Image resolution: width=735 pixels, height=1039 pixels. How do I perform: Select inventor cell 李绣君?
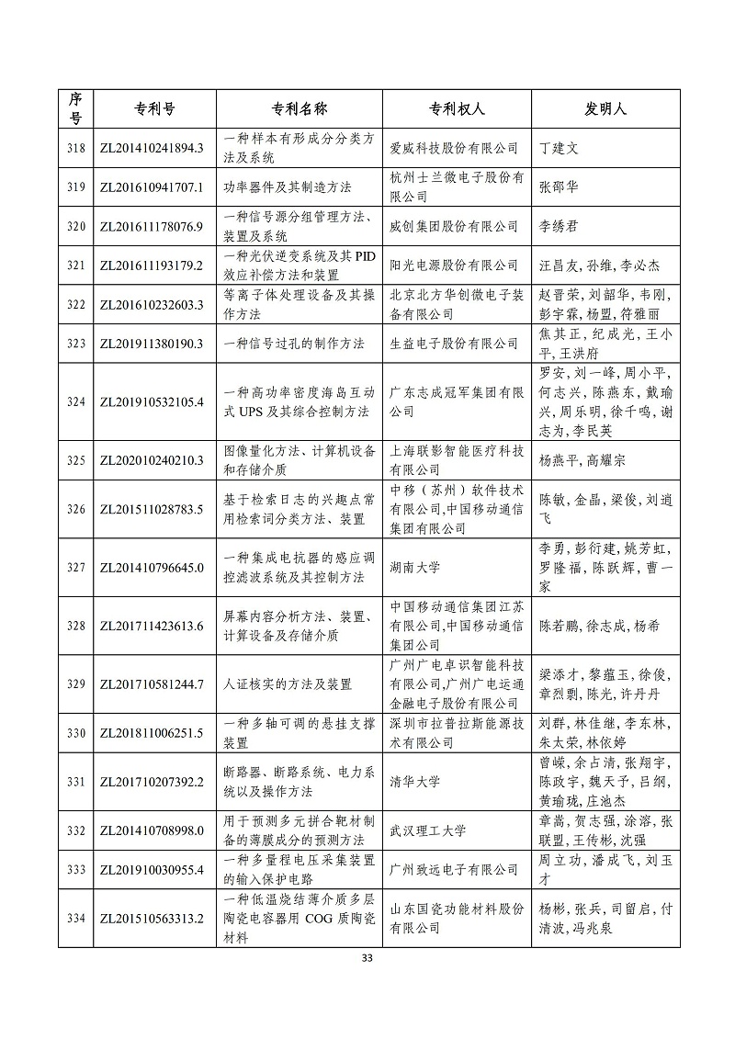563,226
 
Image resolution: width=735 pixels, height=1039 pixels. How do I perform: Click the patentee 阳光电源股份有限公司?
454,265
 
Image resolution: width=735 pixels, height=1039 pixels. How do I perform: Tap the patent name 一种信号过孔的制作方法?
288,344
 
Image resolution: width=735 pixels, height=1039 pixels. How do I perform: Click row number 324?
77,401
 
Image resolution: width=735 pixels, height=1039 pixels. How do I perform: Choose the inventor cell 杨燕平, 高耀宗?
582,460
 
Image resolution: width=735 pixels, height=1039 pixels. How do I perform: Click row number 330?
77,733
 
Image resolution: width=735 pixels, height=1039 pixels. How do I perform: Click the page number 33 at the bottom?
367,958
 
